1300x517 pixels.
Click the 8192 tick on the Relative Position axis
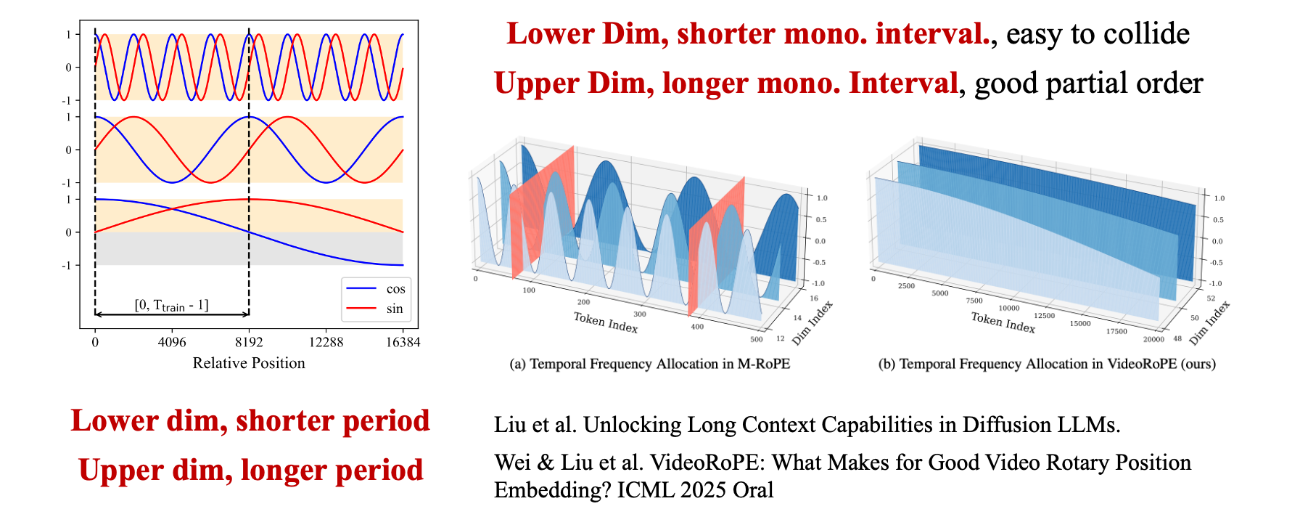(249, 342)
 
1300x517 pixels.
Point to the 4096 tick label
(172, 342)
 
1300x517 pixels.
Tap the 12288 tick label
(326, 342)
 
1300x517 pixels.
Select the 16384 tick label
(403, 342)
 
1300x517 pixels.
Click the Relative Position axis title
(249, 363)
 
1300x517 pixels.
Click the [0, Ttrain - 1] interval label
(172, 306)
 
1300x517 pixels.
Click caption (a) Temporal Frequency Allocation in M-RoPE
(649, 364)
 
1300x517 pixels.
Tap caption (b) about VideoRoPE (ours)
(1047, 364)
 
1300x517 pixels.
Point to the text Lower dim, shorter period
(250, 421)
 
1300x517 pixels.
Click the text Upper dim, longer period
(251, 471)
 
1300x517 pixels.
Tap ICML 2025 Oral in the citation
(695, 490)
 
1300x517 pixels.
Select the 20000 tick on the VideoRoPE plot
(1153, 339)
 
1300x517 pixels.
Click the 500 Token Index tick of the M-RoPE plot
(757, 339)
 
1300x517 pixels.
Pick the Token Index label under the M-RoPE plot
(606, 322)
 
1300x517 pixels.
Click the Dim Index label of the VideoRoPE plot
(1210, 322)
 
